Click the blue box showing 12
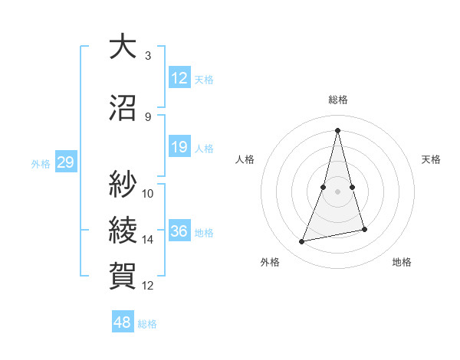(179, 78)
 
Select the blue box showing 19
(179, 147)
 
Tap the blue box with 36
(179, 231)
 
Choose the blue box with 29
(65, 162)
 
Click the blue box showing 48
(123, 322)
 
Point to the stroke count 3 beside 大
(148, 56)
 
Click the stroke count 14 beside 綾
(148, 240)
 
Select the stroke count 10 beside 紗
(148, 194)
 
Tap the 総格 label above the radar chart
(338, 100)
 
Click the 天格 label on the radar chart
(432, 159)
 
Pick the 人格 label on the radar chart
(245, 159)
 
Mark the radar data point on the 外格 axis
(302, 242)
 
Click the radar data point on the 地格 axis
(364, 230)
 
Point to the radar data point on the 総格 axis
(338, 129)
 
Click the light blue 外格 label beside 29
(41, 163)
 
